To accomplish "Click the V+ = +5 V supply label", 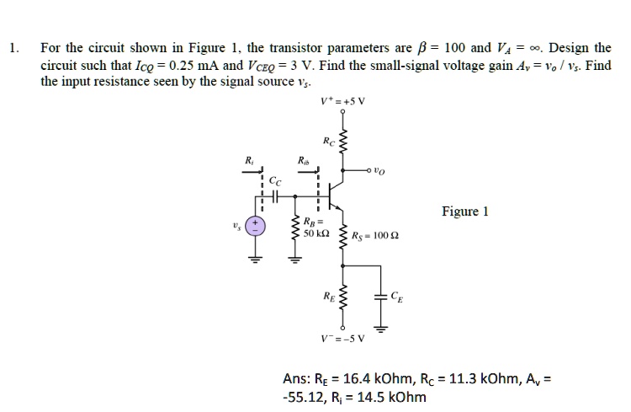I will [x=342, y=104].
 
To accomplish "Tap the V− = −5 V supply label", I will [x=341, y=340].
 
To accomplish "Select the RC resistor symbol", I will [x=342, y=142].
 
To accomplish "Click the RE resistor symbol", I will [x=342, y=297].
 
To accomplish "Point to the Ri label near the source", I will [x=247, y=159].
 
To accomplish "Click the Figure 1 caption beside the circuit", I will [x=464, y=211].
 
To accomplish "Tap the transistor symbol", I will [x=336, y=194].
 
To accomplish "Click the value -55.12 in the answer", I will [x=306, y=398].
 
